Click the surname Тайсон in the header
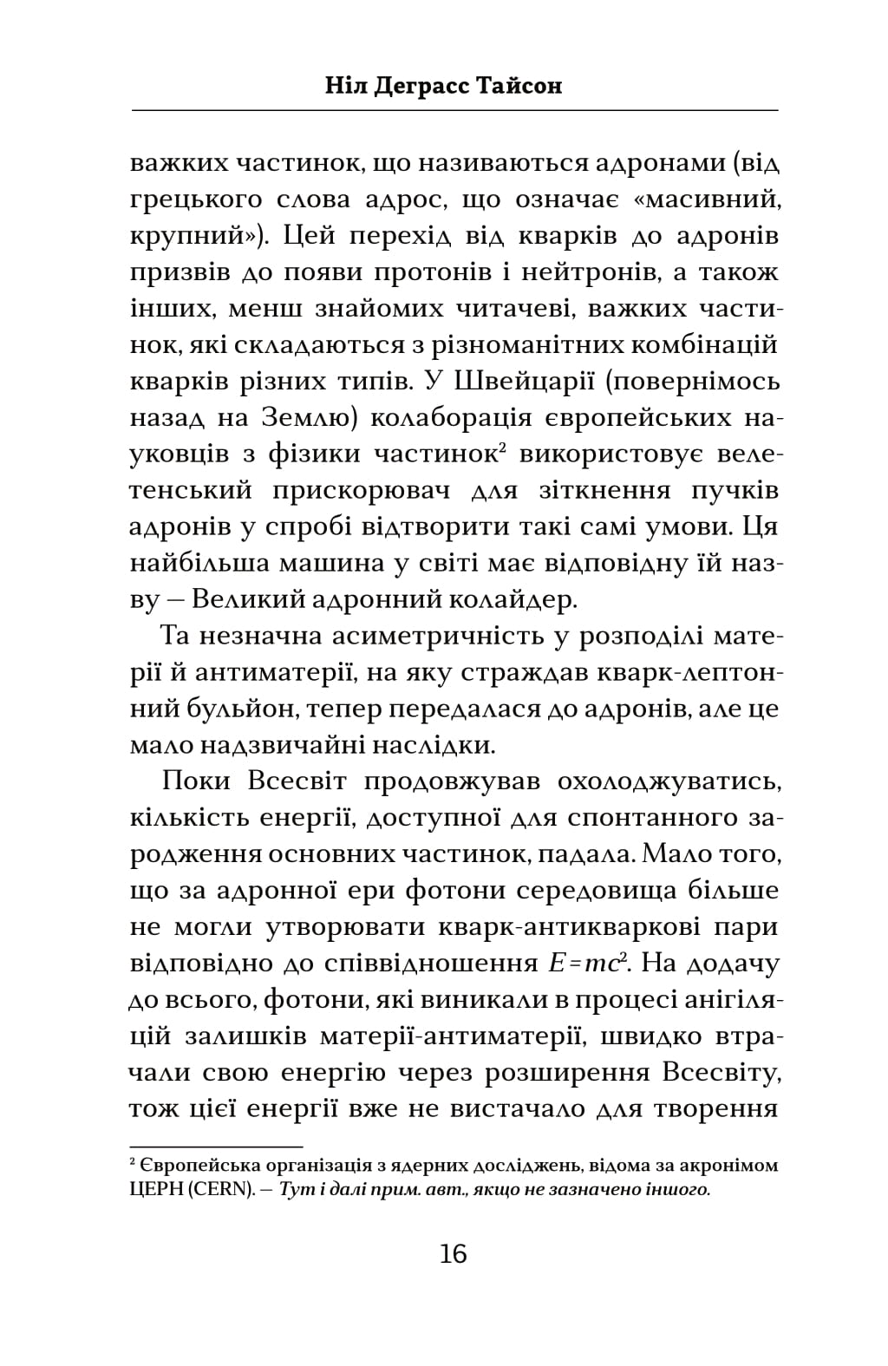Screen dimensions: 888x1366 tap(520, 86)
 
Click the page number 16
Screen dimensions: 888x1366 tap(453, 1255)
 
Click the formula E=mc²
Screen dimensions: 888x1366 tap(590, 964)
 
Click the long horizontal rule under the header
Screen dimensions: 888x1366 tap(454, 110)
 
